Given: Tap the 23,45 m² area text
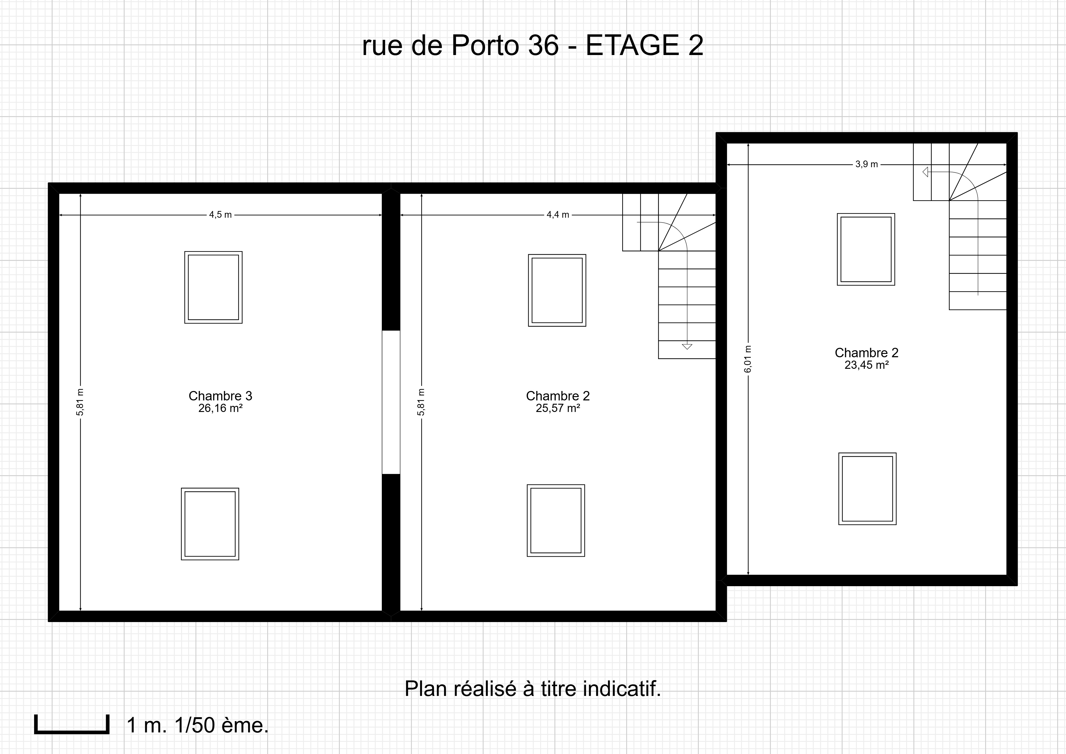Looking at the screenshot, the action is [866, 365].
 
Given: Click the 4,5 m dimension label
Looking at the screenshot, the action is [220, 215].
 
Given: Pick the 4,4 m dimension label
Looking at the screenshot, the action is [557, 215].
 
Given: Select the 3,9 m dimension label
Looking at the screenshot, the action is [866, 164].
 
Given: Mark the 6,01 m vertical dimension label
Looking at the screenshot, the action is [748, 358].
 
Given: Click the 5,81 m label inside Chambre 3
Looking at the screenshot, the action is [80, 402].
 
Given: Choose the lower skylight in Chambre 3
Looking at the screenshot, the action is [210, 524].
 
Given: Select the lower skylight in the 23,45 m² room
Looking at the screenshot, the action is [867, 489].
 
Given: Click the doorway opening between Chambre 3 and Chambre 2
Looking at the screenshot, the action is [391, 402].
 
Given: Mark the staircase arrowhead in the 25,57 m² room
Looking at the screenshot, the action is [687, 346].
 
